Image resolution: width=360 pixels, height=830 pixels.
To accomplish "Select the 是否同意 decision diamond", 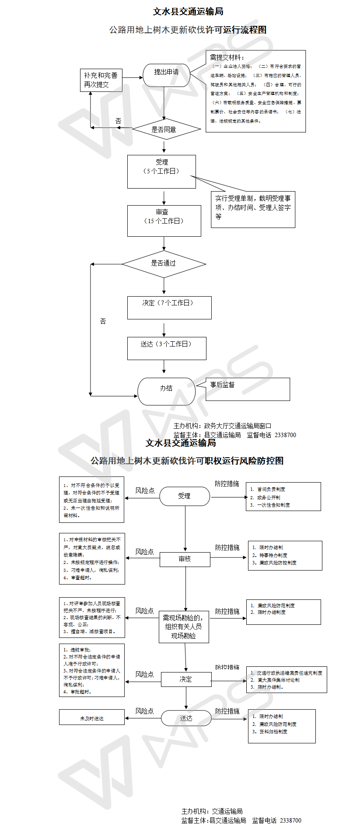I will (x=164, y=130).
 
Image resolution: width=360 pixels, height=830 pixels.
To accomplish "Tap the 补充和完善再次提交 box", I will (x=101, y=80).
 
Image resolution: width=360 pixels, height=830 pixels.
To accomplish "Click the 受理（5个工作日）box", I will (x=161, y=172).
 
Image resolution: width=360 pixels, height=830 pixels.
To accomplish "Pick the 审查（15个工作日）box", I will (x=164, y=221).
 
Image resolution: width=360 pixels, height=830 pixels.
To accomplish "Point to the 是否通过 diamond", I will (x=164, y=264).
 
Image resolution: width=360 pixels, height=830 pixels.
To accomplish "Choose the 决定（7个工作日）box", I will (x=169, y=308).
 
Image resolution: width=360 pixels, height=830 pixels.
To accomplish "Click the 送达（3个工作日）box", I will (x=167, y=348).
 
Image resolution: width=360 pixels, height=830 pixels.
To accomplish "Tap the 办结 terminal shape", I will (x=166, y=391).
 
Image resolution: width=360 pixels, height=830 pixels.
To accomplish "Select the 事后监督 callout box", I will (x=248, y=389).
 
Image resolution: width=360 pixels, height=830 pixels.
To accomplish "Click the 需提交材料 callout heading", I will (x=227, y=57).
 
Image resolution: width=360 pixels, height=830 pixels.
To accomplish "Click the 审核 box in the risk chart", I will (x=185, y=559).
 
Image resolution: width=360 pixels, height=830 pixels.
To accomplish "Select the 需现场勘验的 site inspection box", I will (x=184, y=627).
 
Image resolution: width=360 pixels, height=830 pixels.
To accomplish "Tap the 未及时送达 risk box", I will (x=92, y=718).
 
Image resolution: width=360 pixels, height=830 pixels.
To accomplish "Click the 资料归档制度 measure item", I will (x=273, y=732).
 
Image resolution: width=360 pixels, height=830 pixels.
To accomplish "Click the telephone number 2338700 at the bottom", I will (x=290, y=820).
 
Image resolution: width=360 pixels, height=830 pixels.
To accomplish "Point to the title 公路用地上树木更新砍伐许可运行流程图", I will (x=188, y=30).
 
